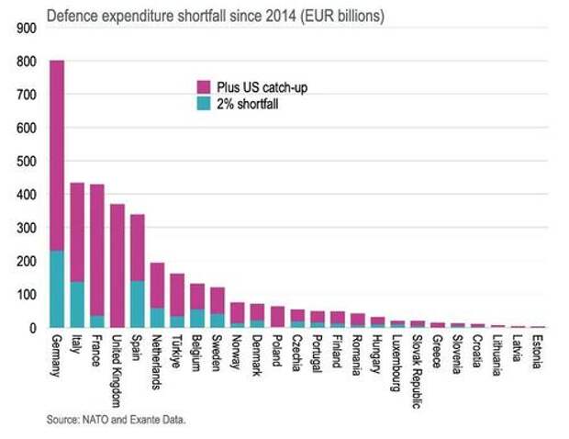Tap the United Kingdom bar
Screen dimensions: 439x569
pos(117,265)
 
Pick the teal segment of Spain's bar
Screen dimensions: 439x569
pos(138,304)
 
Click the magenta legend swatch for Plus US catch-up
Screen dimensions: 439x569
pos(204,85)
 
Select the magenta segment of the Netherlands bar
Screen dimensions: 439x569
pos(158,286)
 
